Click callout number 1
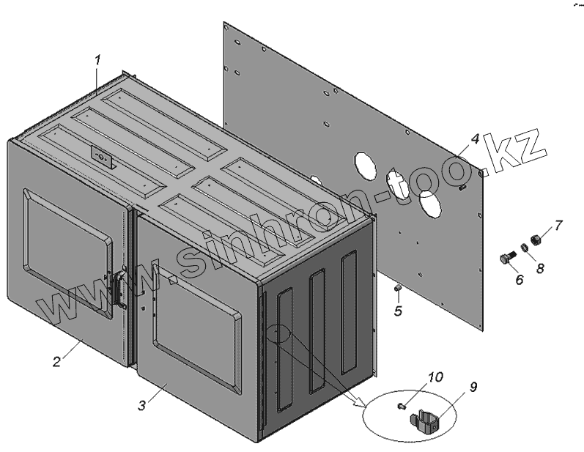pos(98,59)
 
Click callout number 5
pos(399,311)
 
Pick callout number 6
pos(519,280)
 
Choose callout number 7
pos(558,224)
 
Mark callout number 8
pos(541,268)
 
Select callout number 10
pos(435,377)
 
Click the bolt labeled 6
pos(506,259)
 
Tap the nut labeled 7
pos(536,240)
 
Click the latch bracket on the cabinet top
pos(102,157)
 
